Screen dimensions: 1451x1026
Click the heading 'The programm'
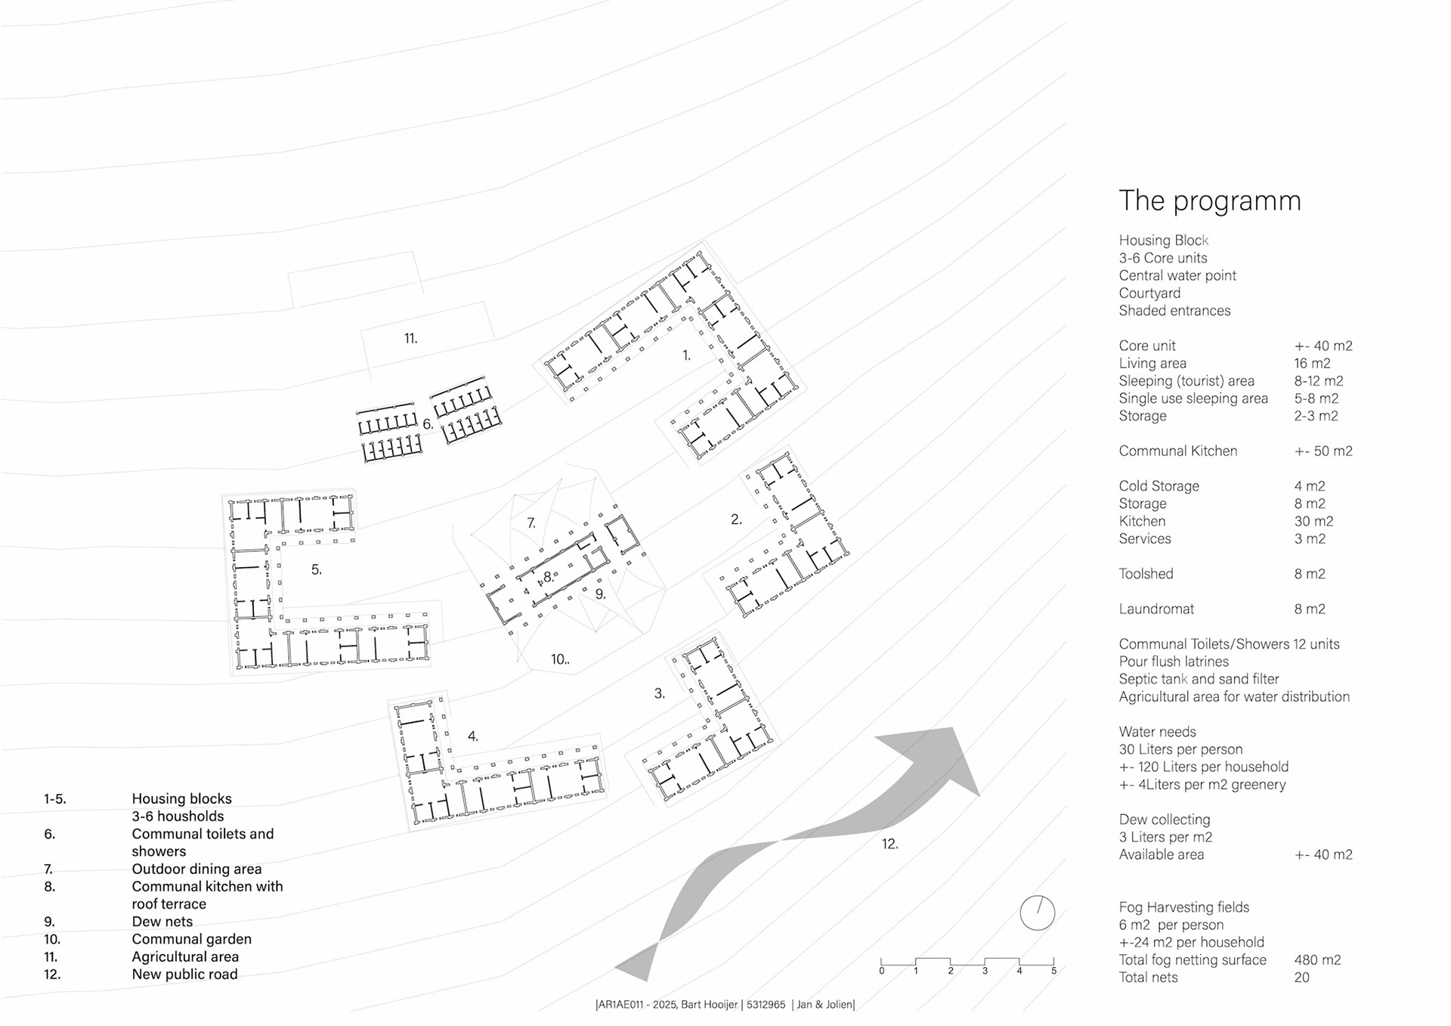pos(1209,201)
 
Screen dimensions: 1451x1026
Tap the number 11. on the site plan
pos(410,339)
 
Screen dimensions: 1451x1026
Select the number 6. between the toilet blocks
pos(428,424)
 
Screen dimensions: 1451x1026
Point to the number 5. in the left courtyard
pos(317,569)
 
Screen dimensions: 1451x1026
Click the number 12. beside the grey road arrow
pos(889,844)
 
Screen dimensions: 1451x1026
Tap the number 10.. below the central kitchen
pos(559,659)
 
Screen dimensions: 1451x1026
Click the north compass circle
pos(1037,913)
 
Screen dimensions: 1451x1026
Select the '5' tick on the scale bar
pos(1053,971)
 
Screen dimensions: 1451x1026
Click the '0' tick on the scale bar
pos(882,971)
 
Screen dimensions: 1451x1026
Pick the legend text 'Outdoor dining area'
pos(196,869)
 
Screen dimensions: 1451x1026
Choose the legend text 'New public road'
pos(184,974)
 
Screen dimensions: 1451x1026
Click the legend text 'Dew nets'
pos(162,921)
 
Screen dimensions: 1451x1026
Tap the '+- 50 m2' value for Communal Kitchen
pos(1323,451)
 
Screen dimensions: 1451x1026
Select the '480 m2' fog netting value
pos(1317,959)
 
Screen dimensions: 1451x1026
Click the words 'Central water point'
pos(1177,275)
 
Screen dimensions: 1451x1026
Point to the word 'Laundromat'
pos(1156,609)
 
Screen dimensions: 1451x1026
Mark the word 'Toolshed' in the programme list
pos(1146,573)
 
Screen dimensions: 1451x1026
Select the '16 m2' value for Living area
pos(1312,363)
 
